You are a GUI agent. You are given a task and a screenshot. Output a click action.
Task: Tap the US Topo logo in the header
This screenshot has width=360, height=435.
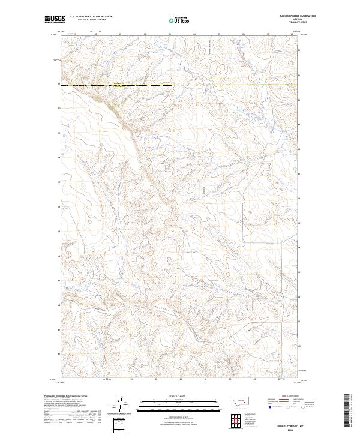(x=180, y=20)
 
